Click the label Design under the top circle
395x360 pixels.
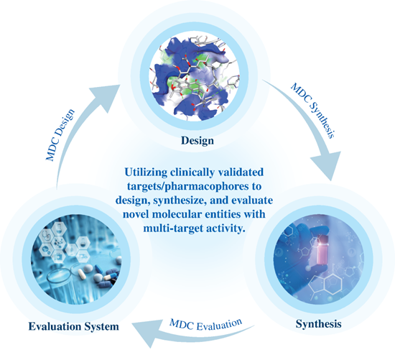coord(197,141)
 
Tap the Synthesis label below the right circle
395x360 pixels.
coord(318,324)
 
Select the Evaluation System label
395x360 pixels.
coord(73,326)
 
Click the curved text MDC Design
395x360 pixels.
coord(60,135)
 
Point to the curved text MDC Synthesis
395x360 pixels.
coord(313,111)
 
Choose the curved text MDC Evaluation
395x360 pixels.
coord(206,325)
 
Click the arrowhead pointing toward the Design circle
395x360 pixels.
coord(106,98)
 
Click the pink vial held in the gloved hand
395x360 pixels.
coord(322,249)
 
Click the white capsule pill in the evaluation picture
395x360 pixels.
coord(81,274)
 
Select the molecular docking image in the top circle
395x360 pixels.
coord(195,78)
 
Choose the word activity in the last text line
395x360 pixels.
coord(226,229)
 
